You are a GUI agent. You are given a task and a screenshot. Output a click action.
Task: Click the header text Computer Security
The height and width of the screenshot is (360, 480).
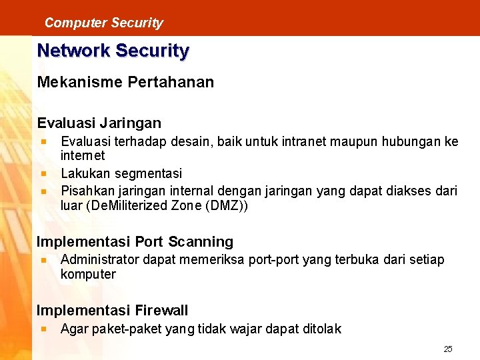[103, 23]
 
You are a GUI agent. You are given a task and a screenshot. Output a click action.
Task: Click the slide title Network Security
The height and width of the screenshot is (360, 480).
[113, 51]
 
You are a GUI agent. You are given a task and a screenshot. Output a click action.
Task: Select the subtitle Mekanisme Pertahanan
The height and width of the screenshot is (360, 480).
[125, 82]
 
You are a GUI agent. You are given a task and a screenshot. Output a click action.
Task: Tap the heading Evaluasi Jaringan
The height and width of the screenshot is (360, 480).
[99, 123]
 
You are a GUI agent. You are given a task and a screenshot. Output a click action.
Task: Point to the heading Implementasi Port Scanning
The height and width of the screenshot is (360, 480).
[135, 242]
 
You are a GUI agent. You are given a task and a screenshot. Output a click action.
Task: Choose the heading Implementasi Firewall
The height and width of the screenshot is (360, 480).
[112, 310]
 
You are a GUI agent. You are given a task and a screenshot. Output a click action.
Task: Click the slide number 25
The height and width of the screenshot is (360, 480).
[448, 349]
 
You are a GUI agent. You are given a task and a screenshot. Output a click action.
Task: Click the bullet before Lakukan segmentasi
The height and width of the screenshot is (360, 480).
[43, 173]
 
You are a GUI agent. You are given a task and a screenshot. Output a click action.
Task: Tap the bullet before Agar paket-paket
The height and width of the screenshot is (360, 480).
[43, 329]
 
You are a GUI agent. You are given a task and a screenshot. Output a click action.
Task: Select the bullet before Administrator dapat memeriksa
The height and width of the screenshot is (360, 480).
[43, 259]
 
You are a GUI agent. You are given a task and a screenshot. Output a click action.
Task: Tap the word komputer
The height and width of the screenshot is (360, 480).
[88, 274]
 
